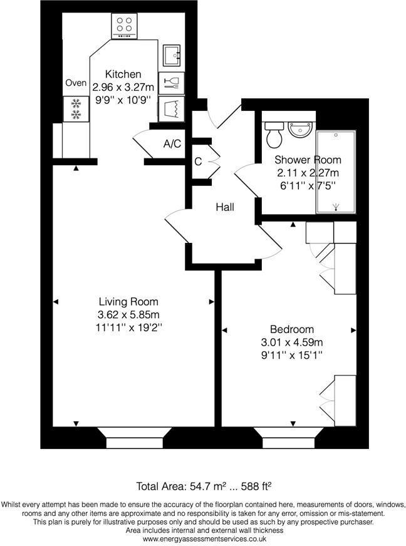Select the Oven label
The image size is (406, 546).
coord(76,83)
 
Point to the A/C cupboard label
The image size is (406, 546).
coord(172,143)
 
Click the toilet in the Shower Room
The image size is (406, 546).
coord(274,133)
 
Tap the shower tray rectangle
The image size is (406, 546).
coord(336,172)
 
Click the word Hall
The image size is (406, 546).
coord(224,207)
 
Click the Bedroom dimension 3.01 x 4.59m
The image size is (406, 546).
coord(291,343)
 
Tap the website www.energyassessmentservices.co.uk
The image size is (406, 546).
coord(203,538)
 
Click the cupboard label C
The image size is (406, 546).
coord(197,162)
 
